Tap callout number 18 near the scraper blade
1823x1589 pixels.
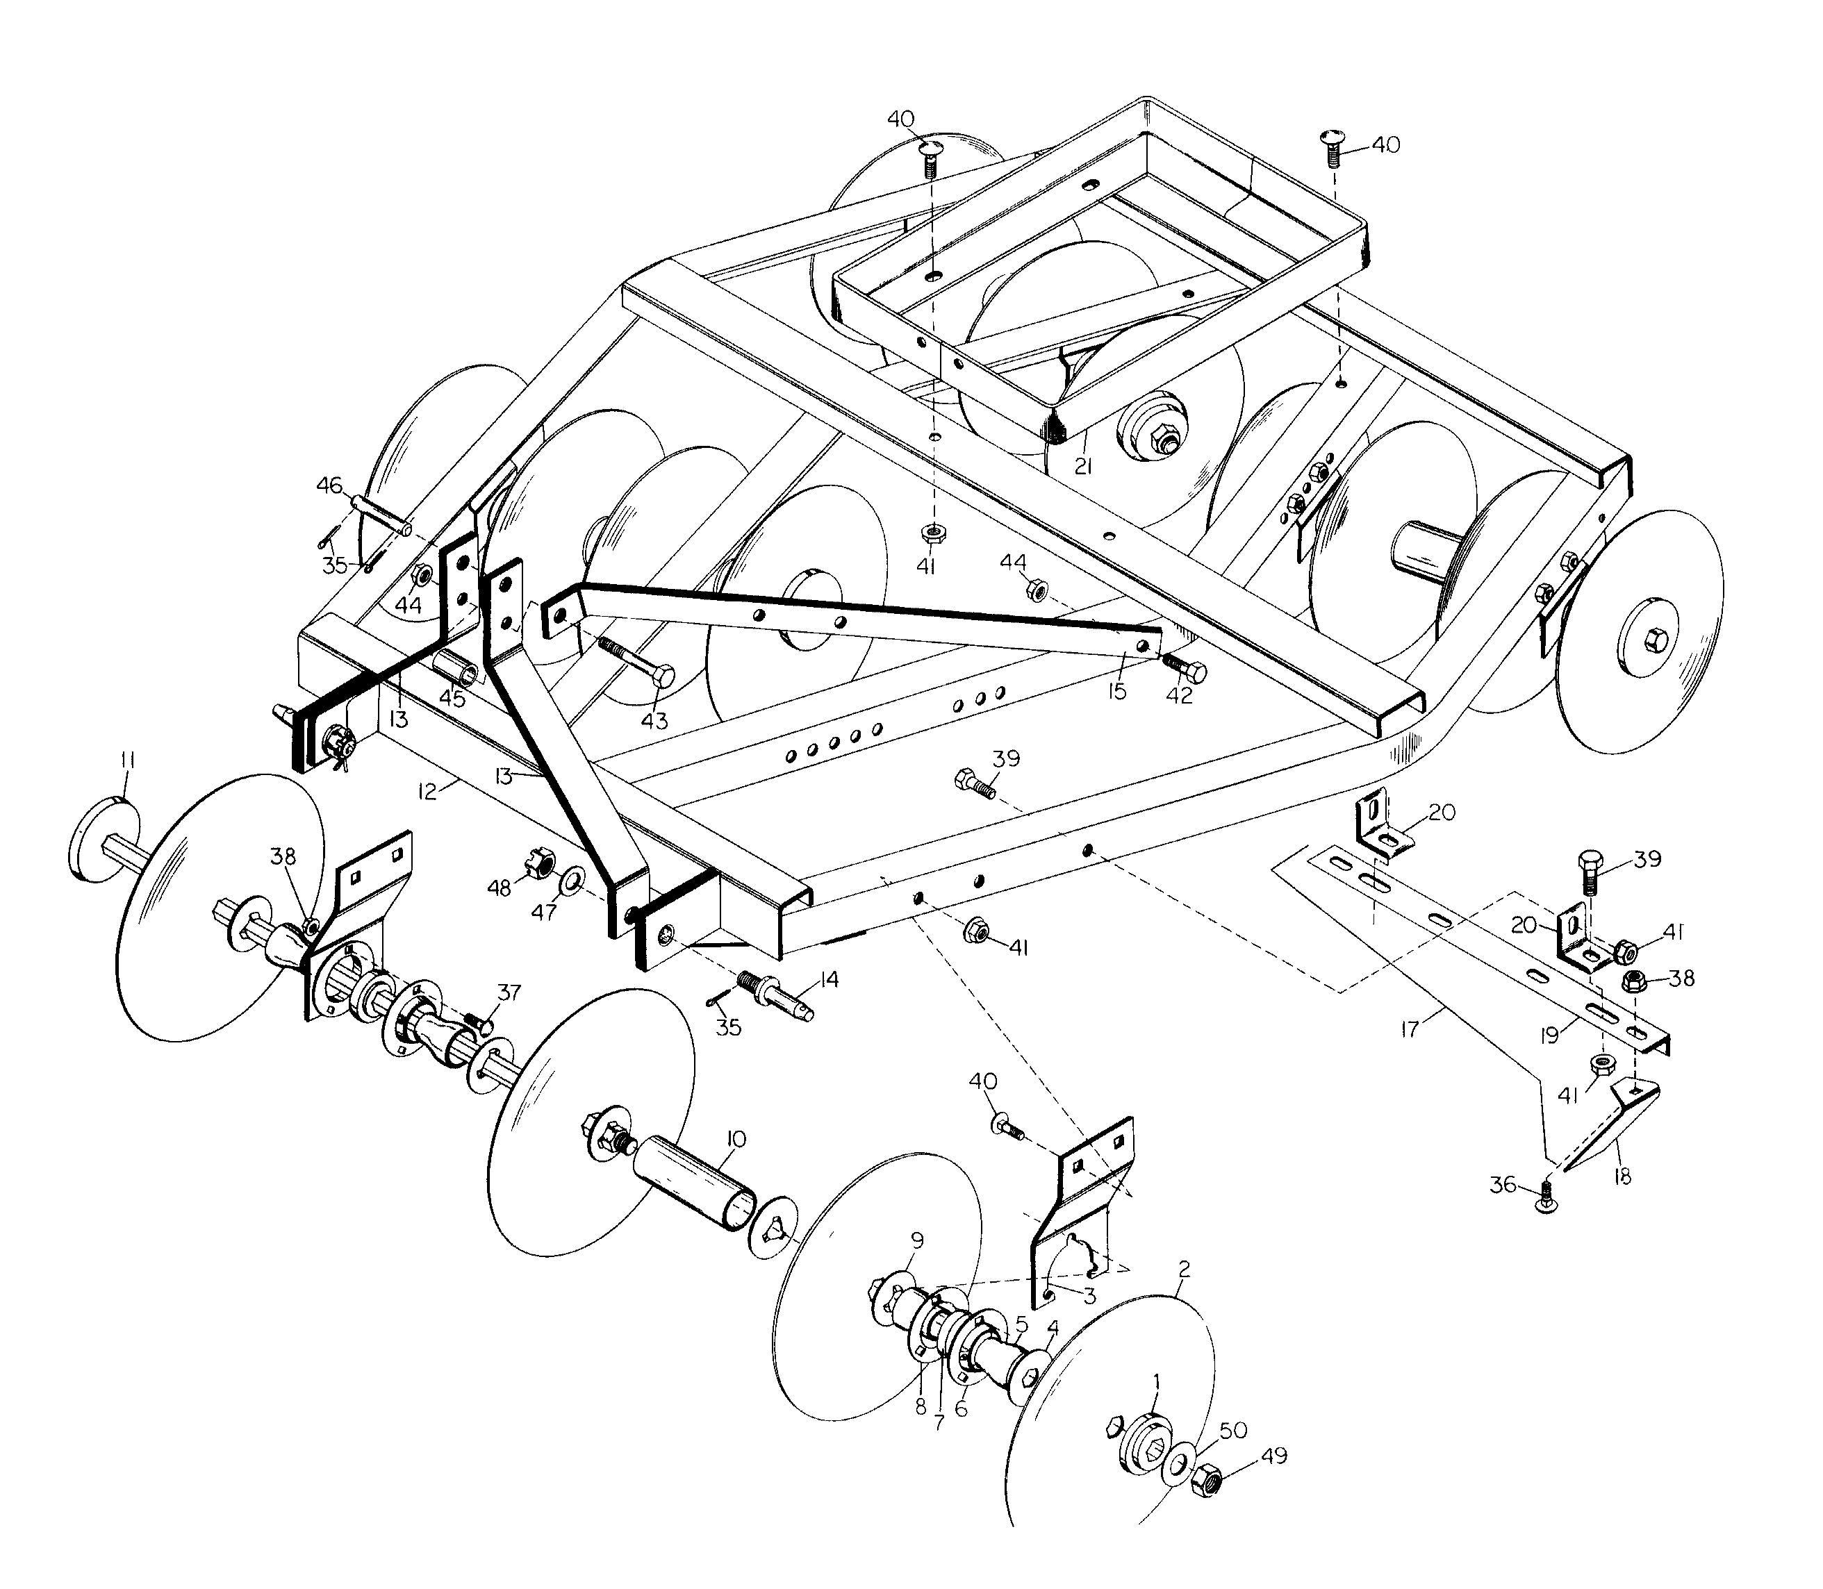(x=1622, y=1176)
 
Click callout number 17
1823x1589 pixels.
(x=1410, y=1029)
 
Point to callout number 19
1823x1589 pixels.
(x=1550, y=1035)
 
